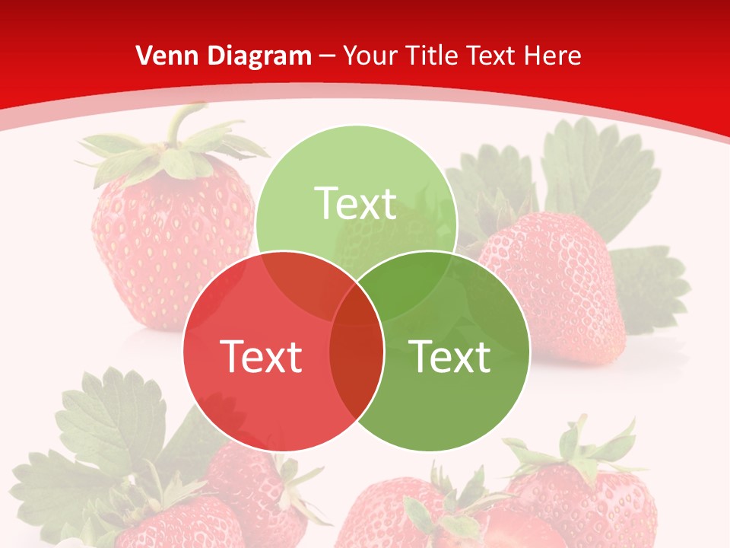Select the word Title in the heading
click(432, 56)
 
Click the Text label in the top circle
click(356, 204)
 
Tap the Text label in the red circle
click(261, 356)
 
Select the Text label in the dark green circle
click(450, 356)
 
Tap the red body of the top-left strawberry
click(171, 244)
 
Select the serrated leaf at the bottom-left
click(106, 426)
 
